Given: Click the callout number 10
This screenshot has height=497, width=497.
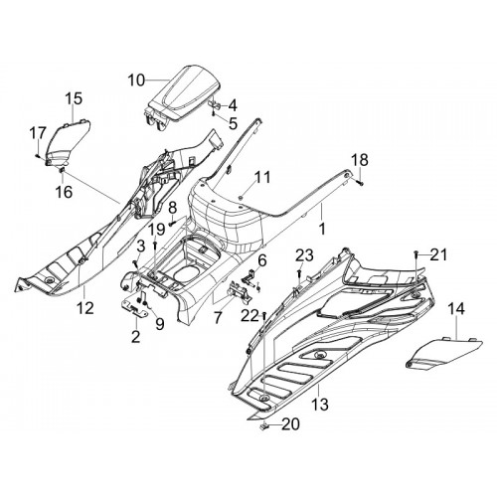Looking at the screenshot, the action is pyautogui.click(x=136, y=81).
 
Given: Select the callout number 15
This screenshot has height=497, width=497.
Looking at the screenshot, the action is pyautogui.click(x=74, y=98).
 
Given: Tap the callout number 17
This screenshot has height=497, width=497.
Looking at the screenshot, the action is pyautogui.click(x=38, y=134).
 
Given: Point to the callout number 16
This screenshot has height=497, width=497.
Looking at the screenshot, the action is pyautogui.click(x=64, y=192).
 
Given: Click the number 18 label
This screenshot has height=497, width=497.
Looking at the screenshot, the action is pyautogui.click(x=360, y=160).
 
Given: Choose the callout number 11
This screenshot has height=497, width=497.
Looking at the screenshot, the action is pyautogui.click(x=262, y=177).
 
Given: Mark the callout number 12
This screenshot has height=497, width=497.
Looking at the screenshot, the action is pyautogui.click(x=85, y=308).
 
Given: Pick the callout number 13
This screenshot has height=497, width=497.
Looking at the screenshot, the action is pyautogui.click(x=320, y=405).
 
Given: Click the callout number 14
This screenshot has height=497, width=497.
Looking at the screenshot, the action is pyautogui.click(x=456, y=309).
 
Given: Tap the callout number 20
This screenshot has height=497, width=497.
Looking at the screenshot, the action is pyautogui.click(x=290, y=424).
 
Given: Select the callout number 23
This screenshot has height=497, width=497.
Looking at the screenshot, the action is pyautogui.click(x=304, y=255).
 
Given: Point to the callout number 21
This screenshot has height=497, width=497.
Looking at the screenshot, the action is pyautogui.click(x=438, y=254).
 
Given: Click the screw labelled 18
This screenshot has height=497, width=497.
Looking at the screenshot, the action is pyautogui.click(x=361, y=181).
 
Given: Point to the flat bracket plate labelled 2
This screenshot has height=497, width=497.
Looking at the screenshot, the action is pyautogui.click(x=134, y=308).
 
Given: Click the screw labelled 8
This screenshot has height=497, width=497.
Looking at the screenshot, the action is pyautogui.click(x=172, y=224).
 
